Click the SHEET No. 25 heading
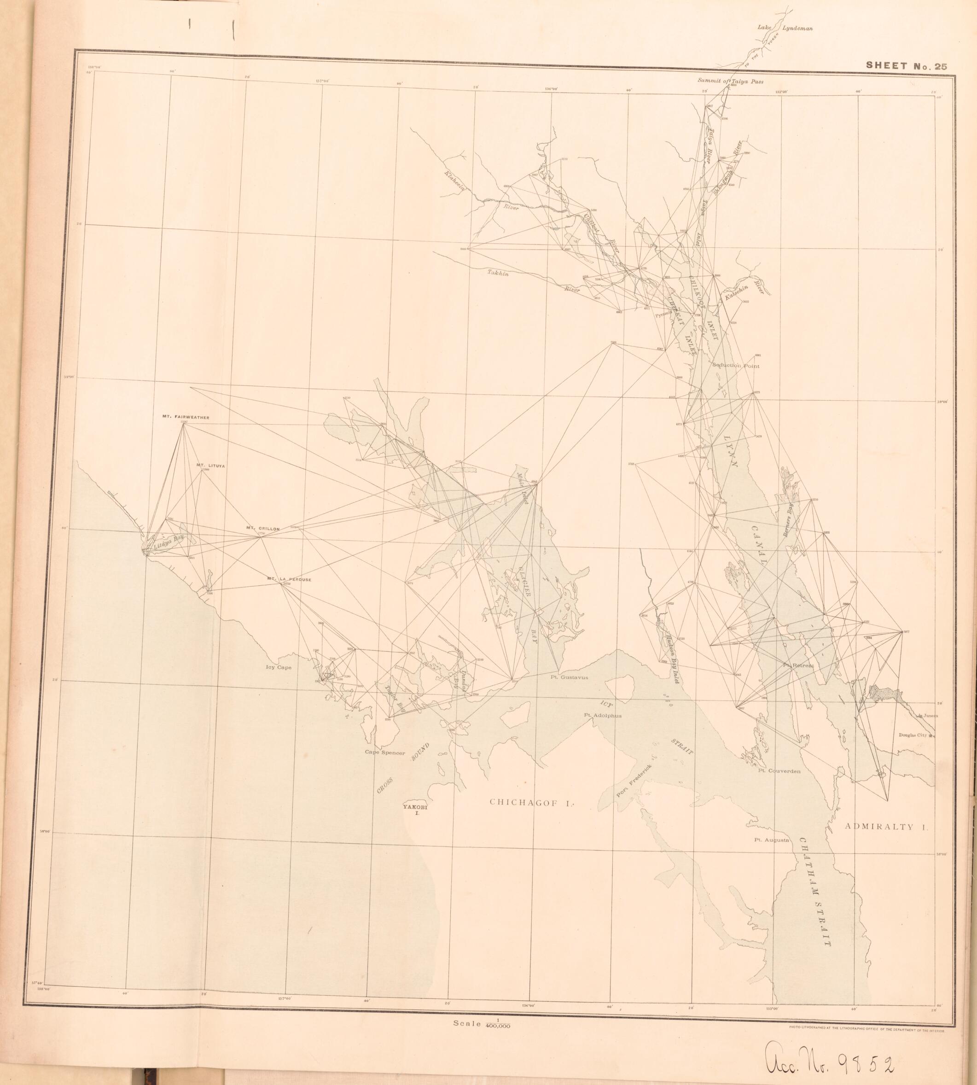(x=906, y=67)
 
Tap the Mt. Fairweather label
(x=185, y=417)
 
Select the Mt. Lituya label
(x=210, y=466)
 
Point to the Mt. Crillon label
(x=263, y=528)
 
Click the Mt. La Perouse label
(x=289, y=579)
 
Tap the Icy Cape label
(x=279, y=668)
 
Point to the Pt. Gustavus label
(x=569, y=677)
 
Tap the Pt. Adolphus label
(x=603, y=715)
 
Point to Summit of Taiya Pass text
(x=730, y=81)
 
